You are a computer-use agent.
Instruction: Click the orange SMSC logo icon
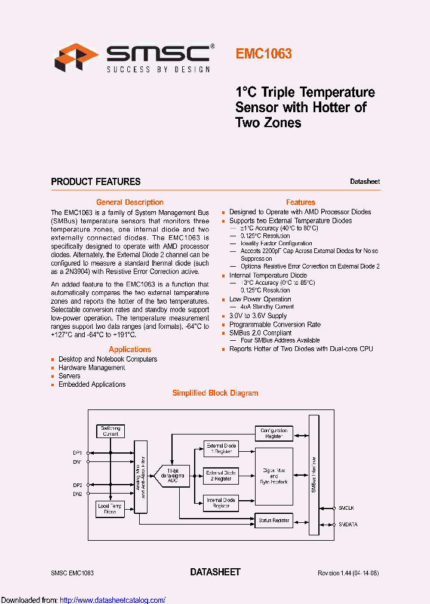(76, 57)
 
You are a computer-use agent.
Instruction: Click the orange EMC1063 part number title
(263, 54)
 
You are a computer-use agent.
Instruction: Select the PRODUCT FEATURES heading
(96, 181)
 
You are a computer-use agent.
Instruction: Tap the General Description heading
(130, 202)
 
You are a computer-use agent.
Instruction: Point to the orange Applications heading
(130, 349)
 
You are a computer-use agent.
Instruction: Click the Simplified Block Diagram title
(215, 393)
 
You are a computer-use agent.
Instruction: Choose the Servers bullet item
(69, 376)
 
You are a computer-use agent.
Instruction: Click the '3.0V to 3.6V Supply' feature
(258, 316)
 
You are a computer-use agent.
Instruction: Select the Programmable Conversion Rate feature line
(275, 325)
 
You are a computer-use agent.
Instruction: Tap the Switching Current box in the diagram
(110, 431)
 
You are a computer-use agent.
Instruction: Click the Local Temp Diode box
(110, 509)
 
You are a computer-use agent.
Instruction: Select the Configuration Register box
(274, 433)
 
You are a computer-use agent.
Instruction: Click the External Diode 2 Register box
(222, 476)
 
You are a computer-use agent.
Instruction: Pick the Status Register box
(274, 520)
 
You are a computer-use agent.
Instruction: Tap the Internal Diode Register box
(221, 503)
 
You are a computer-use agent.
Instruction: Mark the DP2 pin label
(78, 485)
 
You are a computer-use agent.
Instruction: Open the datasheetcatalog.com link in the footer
(113, 600)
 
